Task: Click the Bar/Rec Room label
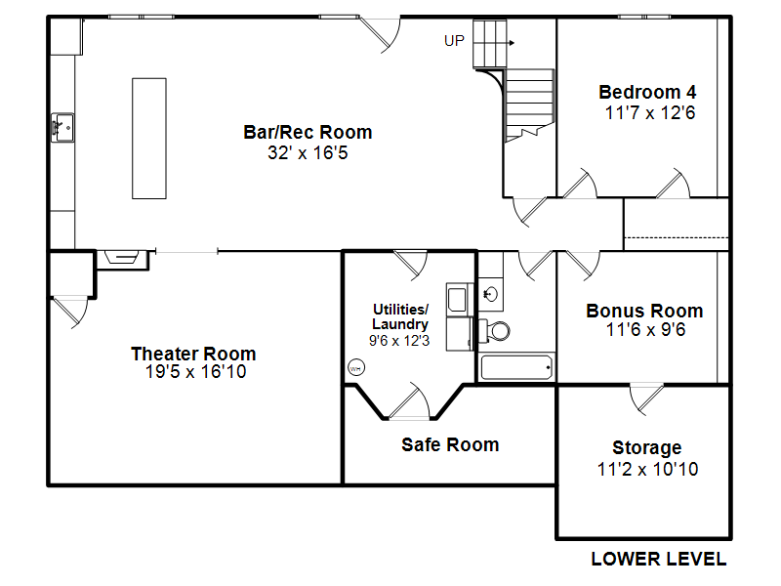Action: [308, 133]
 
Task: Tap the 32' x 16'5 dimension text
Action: [308, 152]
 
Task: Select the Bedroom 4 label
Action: [647, 92]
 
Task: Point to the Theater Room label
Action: [193, 354]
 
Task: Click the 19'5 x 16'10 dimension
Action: [196, 372]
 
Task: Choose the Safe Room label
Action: [450, 444]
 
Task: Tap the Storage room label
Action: [647, 448]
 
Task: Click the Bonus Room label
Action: [644, 311]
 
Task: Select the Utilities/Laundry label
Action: [400, 316]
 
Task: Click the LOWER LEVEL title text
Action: [658, 559]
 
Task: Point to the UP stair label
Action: [454, 41]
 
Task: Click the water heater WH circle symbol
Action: [355, 368]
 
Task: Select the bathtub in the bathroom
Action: [516, 368]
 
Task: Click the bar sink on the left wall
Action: [62, 128]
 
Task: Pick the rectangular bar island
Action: [149, 139]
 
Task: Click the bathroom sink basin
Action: [491, 295]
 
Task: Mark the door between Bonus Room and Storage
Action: [646, 398]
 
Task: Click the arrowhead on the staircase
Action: [512, 43]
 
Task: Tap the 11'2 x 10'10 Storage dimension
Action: [647, 470]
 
